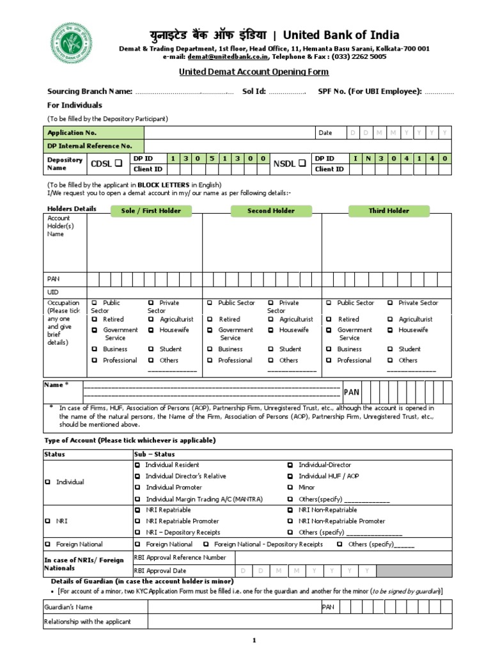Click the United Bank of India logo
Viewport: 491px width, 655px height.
[71, 43]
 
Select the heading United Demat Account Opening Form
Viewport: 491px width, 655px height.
[245, 74]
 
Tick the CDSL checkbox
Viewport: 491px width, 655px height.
[118, 164]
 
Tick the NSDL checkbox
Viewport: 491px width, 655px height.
[301, 164]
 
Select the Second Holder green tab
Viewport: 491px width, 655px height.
[271, 210]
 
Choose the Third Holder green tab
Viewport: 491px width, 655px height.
[389, 210]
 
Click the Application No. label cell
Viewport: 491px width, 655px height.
[72, 132]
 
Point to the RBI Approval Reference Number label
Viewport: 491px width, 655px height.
[180, 557]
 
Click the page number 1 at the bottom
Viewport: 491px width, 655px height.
[253, 640]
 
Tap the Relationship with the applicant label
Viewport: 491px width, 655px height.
[87, 621]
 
